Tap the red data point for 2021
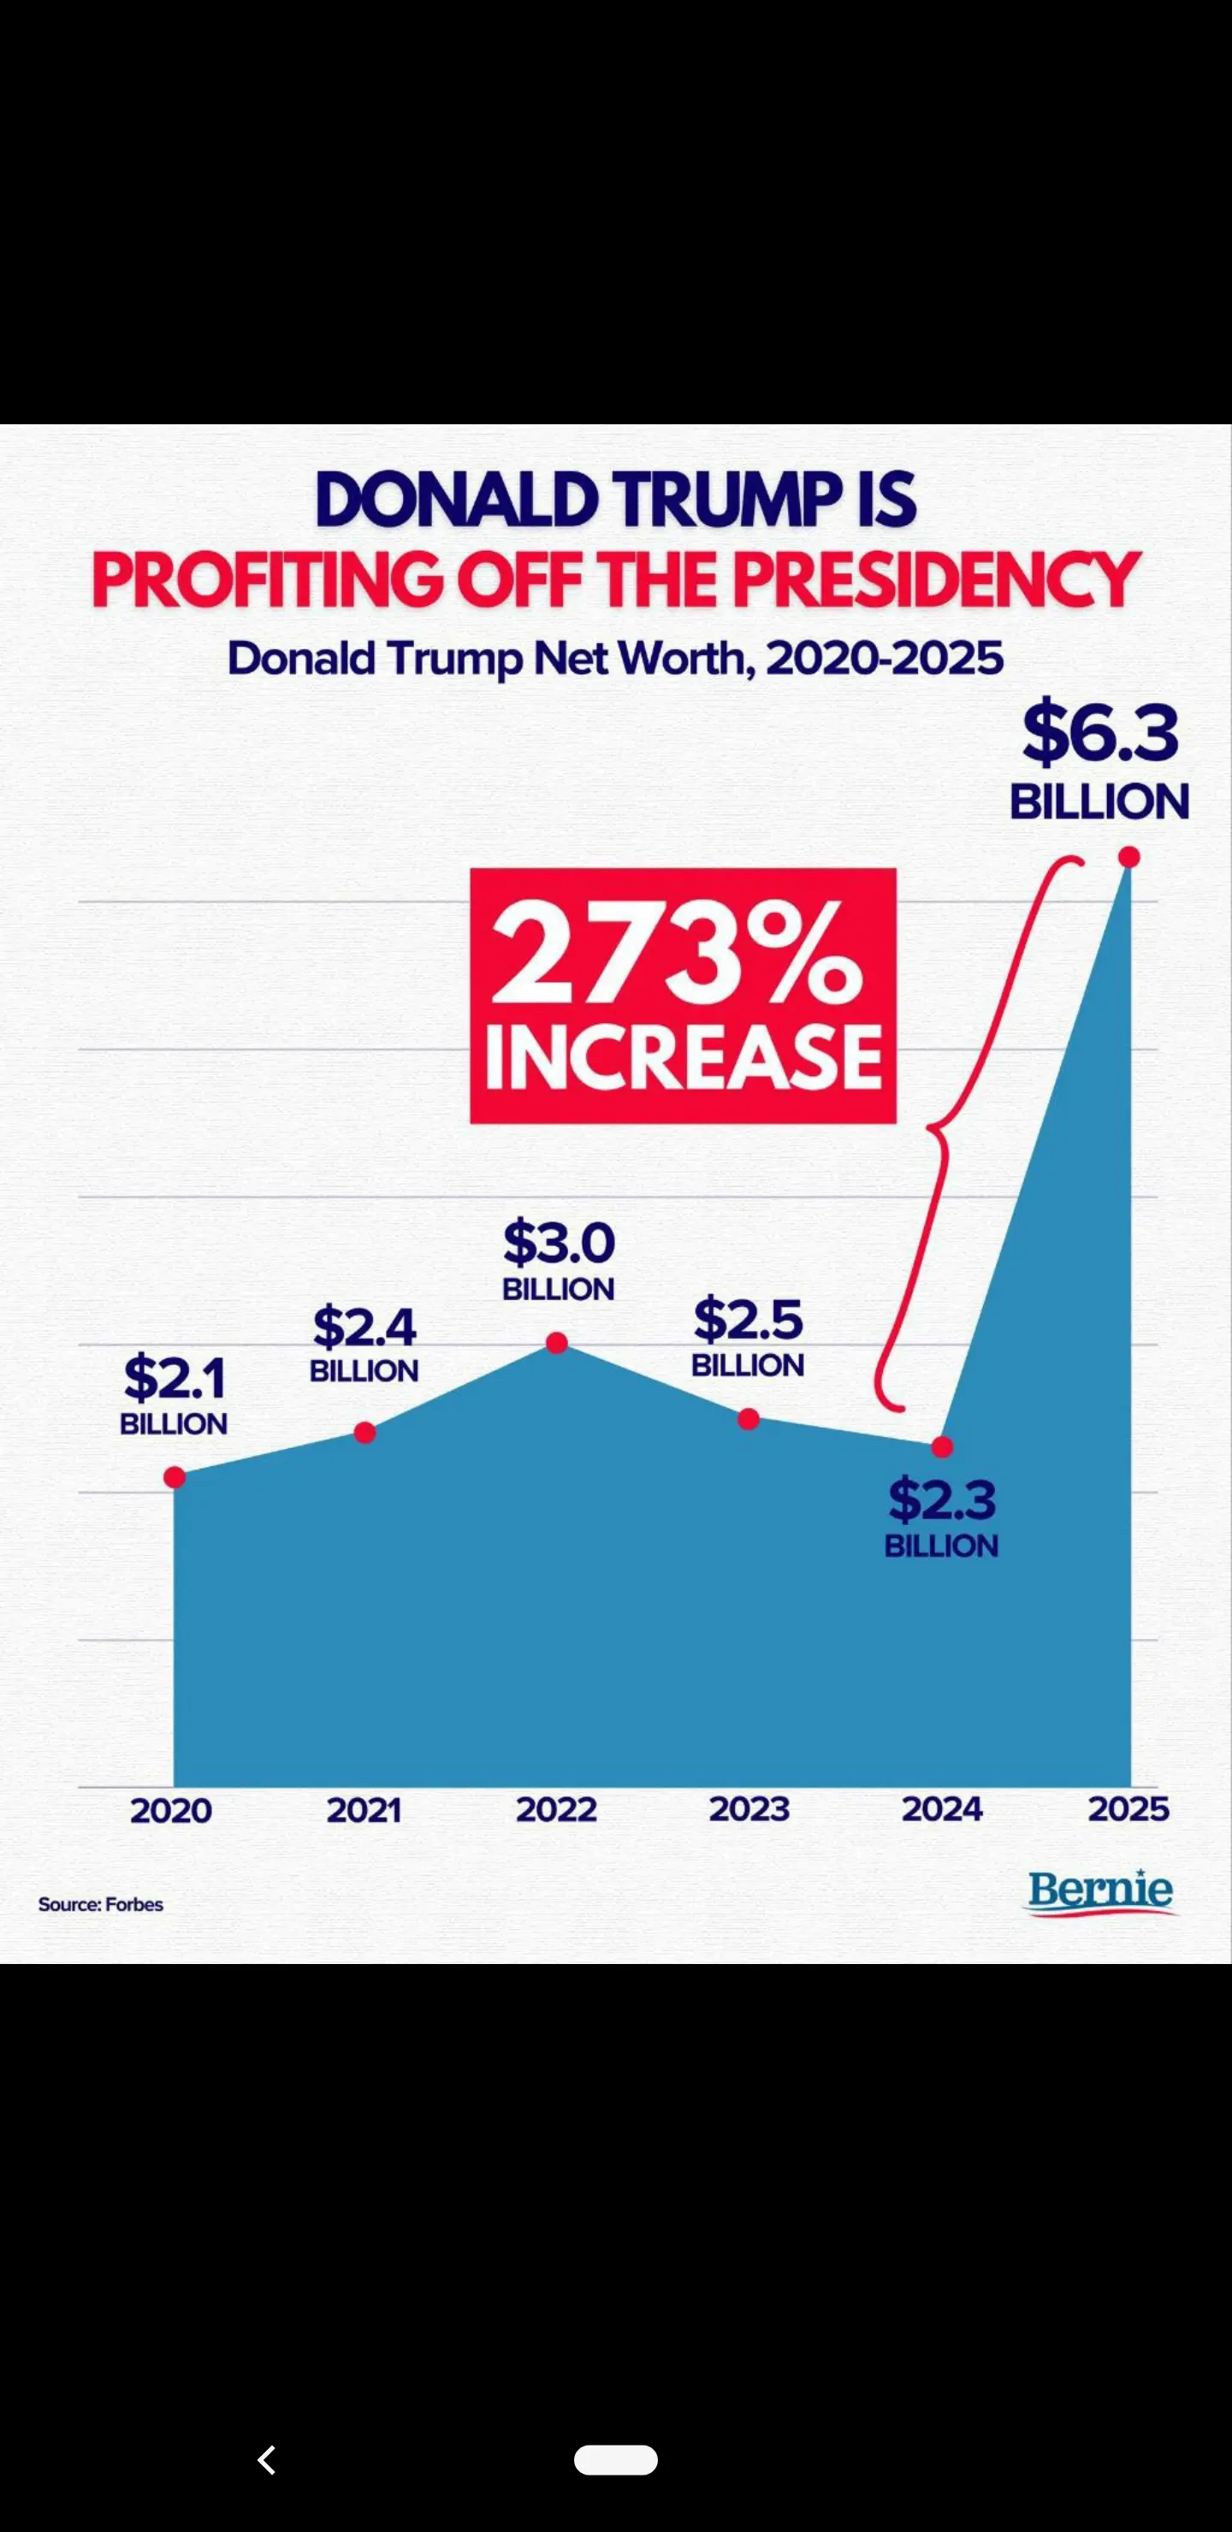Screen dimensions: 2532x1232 (x=364, y=1432)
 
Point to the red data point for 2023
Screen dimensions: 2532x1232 (x=749, y=1418)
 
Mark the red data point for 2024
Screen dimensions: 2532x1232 (x=942, y=1446)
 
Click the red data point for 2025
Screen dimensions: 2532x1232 (x=1128, y=857)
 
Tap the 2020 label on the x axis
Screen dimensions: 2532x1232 (x=171, y=1811)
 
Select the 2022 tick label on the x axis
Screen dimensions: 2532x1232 (x=556, y=1809)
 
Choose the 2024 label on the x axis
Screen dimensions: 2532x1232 (x=942, y=1809)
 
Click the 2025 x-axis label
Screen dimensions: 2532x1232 (x=1128, y=1809)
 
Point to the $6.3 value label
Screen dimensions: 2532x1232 (x=1100, y=733)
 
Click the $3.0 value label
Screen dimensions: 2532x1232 (x=559, y=1244)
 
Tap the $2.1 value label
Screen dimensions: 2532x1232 (x=174, y=1378)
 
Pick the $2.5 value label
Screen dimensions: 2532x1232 (x=749, y=1320)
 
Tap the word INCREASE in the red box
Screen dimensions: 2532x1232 (x=684, y=1056)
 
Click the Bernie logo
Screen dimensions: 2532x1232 (x=1100, y=1890)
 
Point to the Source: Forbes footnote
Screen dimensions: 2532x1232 (x=100, y=1904)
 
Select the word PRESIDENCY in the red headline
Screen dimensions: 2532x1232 (x=935, y=580)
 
